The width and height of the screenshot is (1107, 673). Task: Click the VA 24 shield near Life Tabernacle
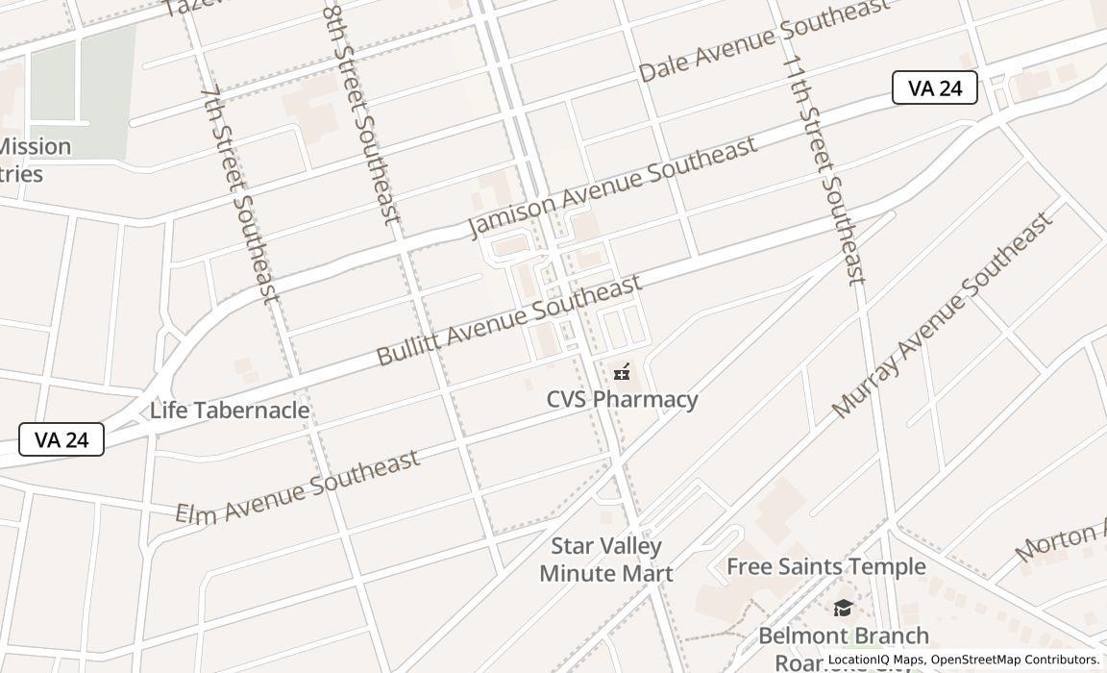coord(61,439)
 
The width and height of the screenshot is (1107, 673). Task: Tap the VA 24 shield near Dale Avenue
coord(934,87)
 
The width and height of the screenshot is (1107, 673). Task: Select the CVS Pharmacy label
coord(622,399)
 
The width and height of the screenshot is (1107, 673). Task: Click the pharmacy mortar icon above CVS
coord(622,371)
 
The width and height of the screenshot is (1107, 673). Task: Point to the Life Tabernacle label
coord(230,411)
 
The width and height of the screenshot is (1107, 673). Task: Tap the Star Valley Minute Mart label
coord(605,560)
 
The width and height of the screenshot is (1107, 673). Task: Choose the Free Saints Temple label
coord(825,566)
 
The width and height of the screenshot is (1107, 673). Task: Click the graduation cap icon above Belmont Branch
coord(843,608)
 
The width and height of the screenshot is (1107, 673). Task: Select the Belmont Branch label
coord(843,636)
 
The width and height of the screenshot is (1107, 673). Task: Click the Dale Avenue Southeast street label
coord(764,41)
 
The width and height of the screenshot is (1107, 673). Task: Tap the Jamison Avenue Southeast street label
coord(612,187)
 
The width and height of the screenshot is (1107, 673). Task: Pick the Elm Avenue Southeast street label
coord(298,486)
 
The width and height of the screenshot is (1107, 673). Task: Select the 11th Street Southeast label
coord(824,169)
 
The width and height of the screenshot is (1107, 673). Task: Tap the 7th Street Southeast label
coord(239,192)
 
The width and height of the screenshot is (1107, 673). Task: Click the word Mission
coord(36,146)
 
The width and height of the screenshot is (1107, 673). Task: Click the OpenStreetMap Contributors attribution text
coord(1014,660)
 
